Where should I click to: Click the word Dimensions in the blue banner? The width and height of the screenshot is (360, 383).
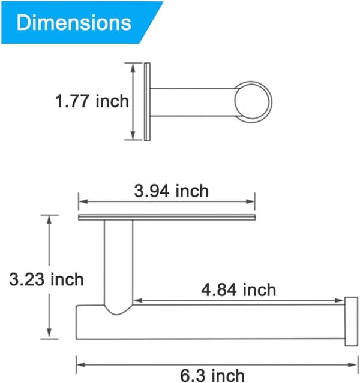74,22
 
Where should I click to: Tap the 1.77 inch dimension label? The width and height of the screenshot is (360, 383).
92,101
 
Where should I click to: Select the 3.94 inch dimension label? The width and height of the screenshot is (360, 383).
172,191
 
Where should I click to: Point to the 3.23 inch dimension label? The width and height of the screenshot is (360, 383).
46,279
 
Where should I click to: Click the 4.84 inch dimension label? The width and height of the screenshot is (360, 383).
239,290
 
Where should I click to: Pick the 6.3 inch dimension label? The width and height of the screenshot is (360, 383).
212,375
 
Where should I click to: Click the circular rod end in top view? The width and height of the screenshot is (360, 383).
253,102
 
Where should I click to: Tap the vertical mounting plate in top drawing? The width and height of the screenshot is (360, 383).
147,102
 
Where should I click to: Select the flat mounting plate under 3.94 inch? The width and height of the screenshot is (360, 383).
167,217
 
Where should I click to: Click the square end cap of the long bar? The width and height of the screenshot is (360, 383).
352,321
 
